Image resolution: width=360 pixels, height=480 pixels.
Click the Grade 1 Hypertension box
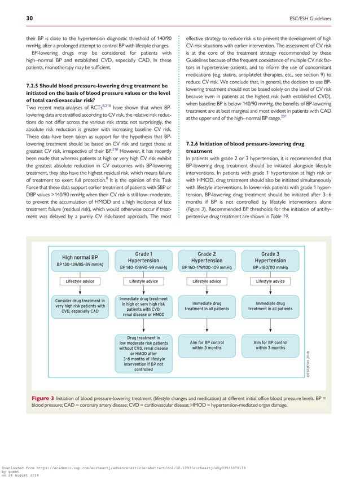pyautogui.click(x=143, y=260)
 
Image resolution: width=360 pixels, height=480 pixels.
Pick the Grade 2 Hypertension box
pyautogui.click(x=207, y=260)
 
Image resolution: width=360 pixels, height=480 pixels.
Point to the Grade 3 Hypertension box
pyautogui.click(x=270, y=260)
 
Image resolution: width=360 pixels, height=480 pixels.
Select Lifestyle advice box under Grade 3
pyautogui.click(x=270, y=281)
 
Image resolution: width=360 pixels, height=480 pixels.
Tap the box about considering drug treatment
pyautogui.click(x=80, y=306)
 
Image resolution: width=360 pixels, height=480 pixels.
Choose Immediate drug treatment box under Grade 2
pyautogui.click(x=207, y=306)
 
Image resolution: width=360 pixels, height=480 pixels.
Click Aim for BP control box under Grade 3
pyautogui.click(x=270, y=345)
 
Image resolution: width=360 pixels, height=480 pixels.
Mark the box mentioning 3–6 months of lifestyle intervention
pyautogui.click(x=143, y=354)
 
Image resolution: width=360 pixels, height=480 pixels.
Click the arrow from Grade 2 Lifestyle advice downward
pyautogui.click(x=207, y=291)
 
